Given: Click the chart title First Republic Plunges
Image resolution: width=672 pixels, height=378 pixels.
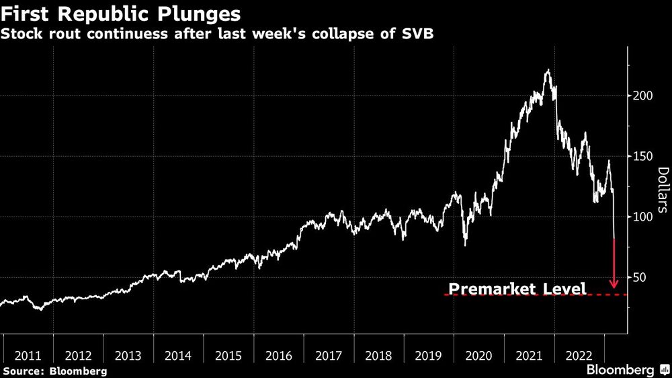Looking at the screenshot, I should (122, 13).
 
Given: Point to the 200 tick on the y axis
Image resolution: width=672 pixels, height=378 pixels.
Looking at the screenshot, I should (642, 96).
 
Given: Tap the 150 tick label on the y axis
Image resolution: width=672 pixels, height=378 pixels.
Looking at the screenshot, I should (642, 156).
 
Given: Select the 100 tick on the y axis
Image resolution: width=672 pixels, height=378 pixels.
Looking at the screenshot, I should (642, 217).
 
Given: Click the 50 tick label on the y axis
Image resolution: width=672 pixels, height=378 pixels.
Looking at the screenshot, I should (639, 277).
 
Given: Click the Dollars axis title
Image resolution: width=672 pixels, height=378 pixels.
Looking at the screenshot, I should (662, 190).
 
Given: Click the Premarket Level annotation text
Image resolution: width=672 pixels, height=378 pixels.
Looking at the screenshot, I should (517, 289).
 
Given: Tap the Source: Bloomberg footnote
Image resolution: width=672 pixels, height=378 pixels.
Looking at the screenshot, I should (55, 371).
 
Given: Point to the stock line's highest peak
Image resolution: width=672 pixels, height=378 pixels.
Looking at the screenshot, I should (548, 69).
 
